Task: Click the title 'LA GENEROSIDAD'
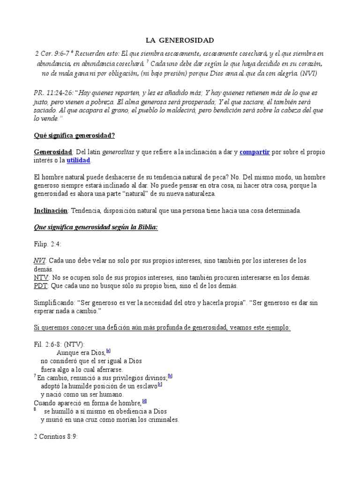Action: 180,41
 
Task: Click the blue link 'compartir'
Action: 255,152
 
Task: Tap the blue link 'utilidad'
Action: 78,160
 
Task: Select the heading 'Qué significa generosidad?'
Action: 75,135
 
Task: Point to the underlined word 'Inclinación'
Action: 51,210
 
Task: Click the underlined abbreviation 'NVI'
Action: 40,260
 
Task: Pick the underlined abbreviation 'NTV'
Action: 41,277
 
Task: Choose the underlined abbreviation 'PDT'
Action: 41,285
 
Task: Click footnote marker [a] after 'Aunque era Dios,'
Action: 108,351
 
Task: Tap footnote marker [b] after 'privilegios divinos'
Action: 170,375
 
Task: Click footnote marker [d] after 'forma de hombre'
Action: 144,401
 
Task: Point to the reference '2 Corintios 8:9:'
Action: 56,436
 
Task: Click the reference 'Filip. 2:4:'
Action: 48,244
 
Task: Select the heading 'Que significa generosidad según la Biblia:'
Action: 96,227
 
